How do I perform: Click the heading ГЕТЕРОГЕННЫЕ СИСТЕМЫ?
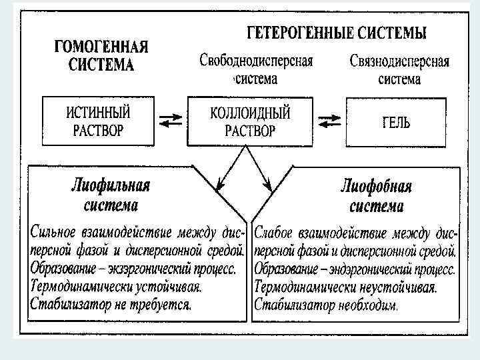(337, 33)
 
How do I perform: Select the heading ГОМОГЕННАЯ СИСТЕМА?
(101, 56)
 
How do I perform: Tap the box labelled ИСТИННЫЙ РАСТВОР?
(98, 120)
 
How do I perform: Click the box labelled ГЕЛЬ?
(396, 122)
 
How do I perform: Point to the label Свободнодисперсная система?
(256, 69)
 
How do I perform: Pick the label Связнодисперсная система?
(399, 69)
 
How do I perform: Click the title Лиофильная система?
(111, 194)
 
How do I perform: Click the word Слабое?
(279, 233)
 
